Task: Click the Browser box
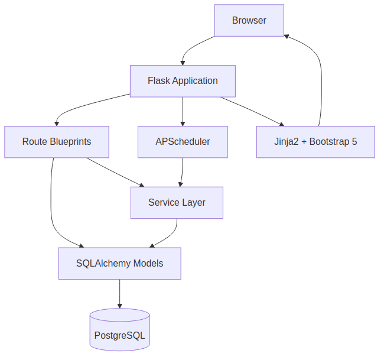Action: pos(249,21)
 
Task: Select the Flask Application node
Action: pos(183,81)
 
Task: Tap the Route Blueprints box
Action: pos(57,142)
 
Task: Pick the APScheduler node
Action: pos(183,142)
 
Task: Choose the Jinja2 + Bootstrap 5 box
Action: pos(315,142)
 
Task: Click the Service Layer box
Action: pos(177,203)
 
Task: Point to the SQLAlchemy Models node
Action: pos(119,263)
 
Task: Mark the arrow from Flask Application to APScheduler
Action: pos(183,111)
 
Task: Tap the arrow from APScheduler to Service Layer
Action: pos(181,172)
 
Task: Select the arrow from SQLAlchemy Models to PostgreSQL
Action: pos(119,293)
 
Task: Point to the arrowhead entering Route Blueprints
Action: pos(57,122)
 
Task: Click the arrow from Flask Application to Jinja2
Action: pos(251,111)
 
